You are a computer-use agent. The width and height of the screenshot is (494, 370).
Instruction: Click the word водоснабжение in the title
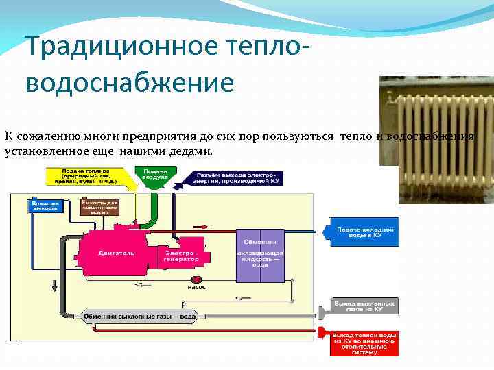(x=130, y=82)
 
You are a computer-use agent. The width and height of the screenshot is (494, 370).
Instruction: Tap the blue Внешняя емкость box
(x=45, y=206)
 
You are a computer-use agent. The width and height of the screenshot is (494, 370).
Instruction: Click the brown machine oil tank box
(x=100, y=207)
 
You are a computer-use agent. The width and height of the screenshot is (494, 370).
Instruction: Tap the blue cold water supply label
(x=364, y=232)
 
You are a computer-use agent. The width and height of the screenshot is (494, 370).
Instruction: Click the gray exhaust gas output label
(x=364, y=306)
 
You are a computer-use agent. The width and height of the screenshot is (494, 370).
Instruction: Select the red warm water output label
(x=364, y=343)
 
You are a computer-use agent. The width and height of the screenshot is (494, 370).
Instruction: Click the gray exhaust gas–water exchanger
(x=140, y=317)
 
